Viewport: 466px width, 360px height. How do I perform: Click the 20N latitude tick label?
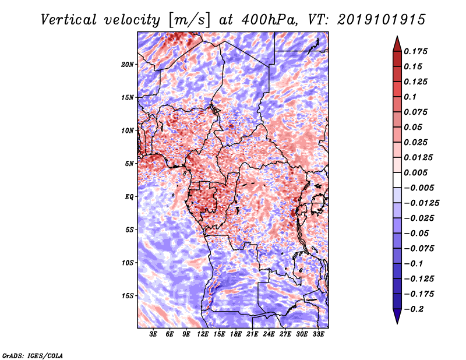pos(128,64)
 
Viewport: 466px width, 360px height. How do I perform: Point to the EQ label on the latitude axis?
pos(129,196)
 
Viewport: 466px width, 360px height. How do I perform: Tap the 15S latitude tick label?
pos(128,296)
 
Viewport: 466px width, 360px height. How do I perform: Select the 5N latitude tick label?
pos(129,164)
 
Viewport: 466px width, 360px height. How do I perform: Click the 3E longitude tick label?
pos(153,335)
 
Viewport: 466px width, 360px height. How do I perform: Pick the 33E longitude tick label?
pos(318,335)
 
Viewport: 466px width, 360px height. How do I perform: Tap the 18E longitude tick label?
pos(236,335)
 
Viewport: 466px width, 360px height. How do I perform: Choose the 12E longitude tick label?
pos(203,335)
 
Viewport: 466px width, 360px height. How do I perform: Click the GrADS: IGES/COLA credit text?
pos(32,354)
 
